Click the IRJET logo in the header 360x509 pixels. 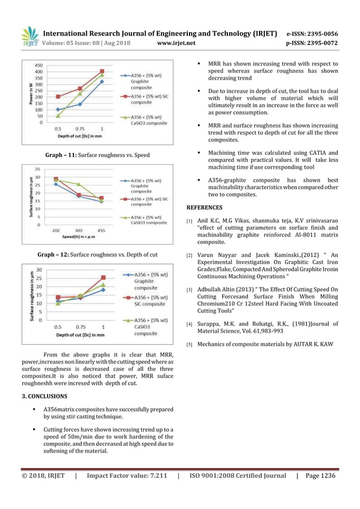coord(29,37)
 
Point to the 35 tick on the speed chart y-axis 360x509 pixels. coord(37,169)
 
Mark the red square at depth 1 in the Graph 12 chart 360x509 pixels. coord(103,278)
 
